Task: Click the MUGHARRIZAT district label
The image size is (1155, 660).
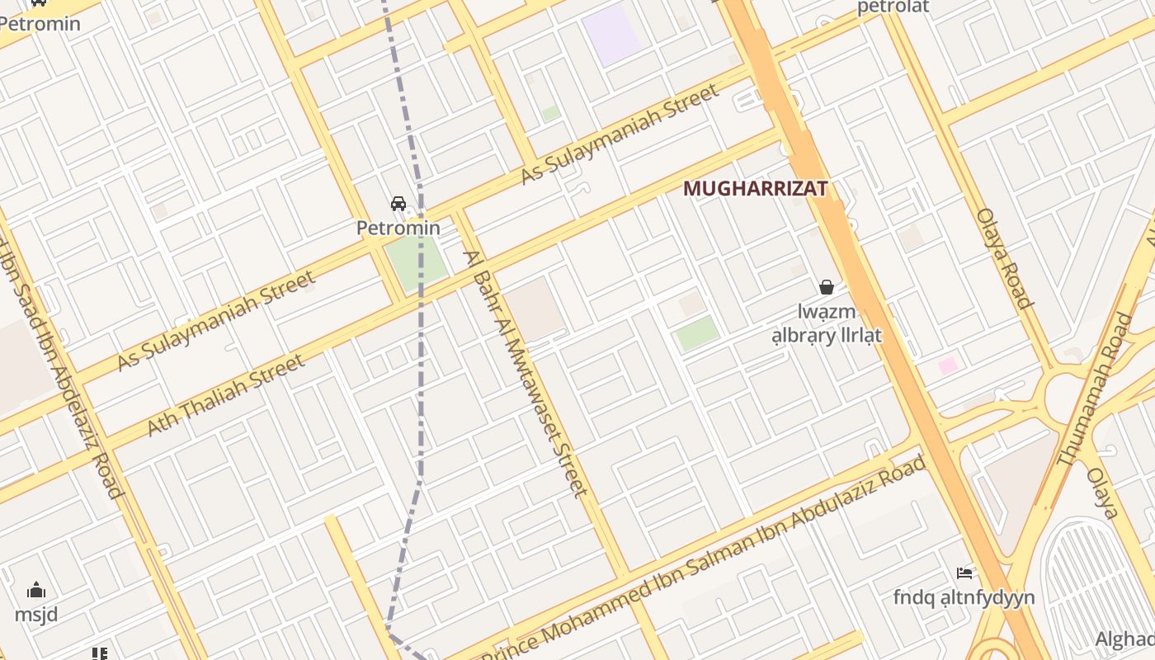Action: pos(755,189)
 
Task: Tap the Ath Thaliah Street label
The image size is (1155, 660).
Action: pos(225,395)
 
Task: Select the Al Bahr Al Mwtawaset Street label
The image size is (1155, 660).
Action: pos(526,373)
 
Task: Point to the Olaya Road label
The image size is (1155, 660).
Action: pos(1004,257)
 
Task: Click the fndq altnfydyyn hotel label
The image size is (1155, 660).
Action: pos(964,597)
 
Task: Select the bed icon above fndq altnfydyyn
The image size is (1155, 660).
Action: pos(964,573)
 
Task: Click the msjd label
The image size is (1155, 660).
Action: pos(35,615)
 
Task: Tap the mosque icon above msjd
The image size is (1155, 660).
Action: pos(36,590)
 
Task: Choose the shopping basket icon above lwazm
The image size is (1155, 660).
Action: pos(826,287)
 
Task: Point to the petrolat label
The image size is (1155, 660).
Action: pos(893,7)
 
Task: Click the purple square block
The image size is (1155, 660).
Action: pos(611,34)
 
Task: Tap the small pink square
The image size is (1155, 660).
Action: pos(948,365)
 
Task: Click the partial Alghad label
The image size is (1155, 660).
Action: pos(1125,639)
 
